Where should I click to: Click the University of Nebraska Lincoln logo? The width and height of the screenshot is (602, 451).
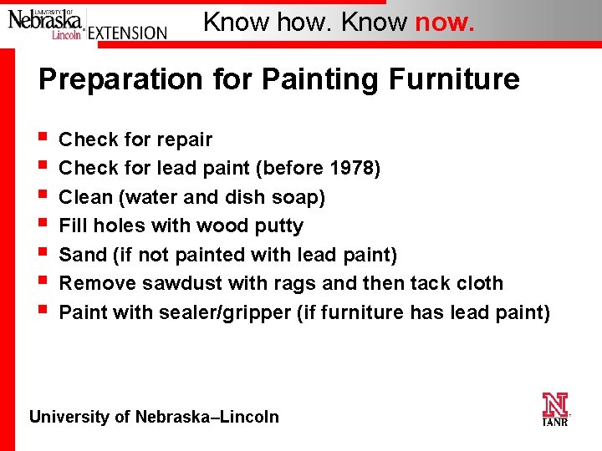[46, 23]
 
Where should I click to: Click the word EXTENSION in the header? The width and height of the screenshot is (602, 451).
[127, 33]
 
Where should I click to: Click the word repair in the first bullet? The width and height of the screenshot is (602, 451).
[183, 139]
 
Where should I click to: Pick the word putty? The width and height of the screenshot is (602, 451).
[281, 225]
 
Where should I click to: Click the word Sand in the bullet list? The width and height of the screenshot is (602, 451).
[80, 255]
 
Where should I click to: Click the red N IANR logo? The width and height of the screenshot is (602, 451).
[554, 408]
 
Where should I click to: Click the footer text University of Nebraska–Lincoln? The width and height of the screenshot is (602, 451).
[154, 417]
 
